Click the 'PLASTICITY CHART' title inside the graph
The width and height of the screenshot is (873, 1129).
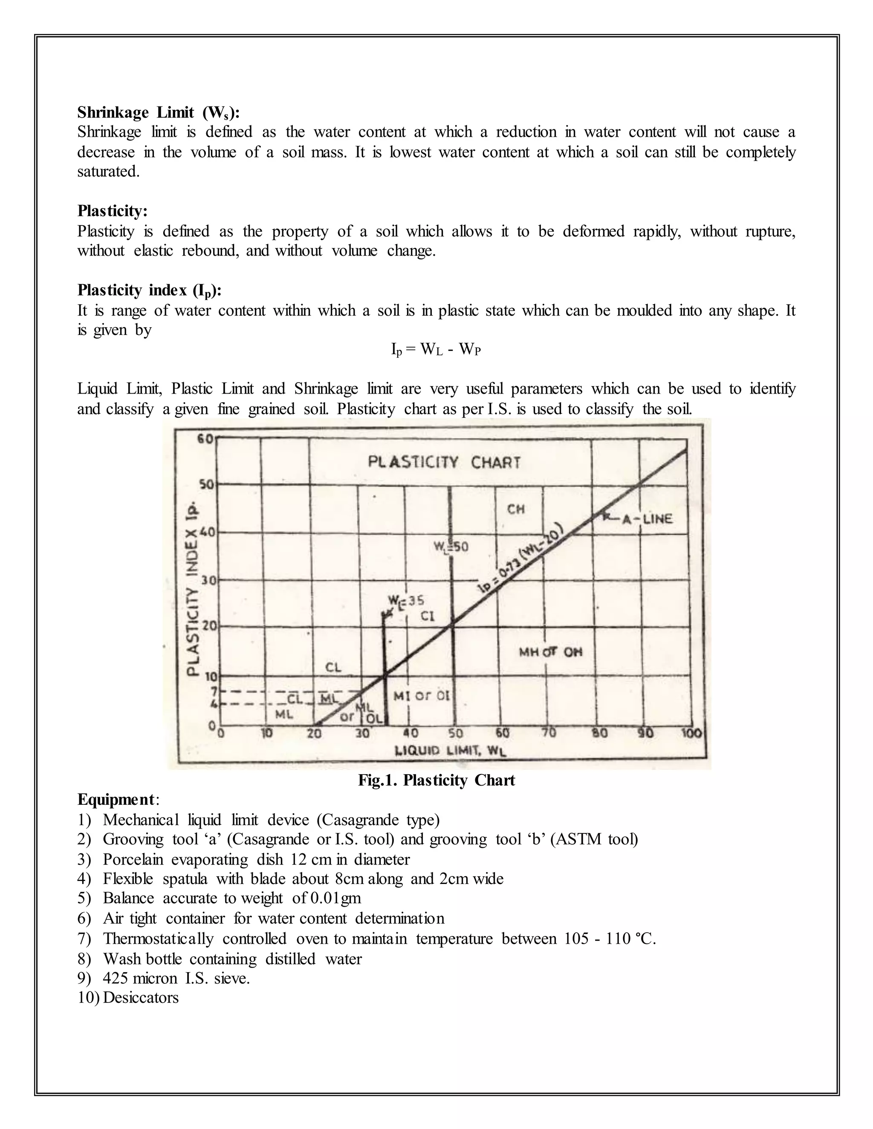[444, 462]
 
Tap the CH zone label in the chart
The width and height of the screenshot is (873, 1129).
[516, 509]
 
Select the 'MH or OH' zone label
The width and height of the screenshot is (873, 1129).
[550, 652]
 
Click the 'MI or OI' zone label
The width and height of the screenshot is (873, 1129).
[422, 696]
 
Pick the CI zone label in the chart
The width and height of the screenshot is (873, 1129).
[427, 616]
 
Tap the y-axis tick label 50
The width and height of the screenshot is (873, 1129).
[206, 485]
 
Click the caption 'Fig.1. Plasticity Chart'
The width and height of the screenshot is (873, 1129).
[436, 780]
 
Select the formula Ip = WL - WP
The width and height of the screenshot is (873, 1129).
[436, 350]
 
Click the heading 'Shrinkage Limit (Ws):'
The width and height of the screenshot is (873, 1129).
[158, 112]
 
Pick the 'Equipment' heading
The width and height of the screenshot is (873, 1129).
[116, 799]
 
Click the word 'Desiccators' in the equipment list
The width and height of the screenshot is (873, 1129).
[141, 997]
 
